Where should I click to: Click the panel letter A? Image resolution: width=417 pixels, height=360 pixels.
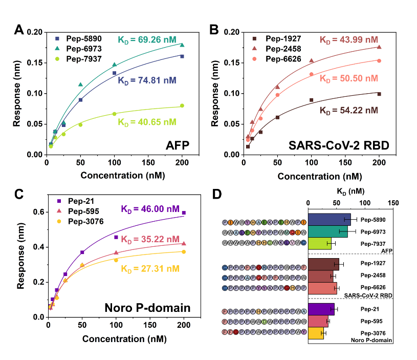19,30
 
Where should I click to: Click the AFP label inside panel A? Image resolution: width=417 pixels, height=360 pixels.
177,146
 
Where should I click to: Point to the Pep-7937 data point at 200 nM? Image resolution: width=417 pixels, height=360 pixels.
182,105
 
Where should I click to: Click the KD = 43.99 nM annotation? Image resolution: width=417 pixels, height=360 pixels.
349,39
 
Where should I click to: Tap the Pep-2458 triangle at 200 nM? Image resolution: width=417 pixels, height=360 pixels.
379,47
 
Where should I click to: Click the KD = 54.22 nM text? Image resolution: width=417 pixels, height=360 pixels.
349,110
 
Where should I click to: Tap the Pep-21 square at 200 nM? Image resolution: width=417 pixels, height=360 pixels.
184,213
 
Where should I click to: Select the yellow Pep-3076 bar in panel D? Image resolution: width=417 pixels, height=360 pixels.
316,334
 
